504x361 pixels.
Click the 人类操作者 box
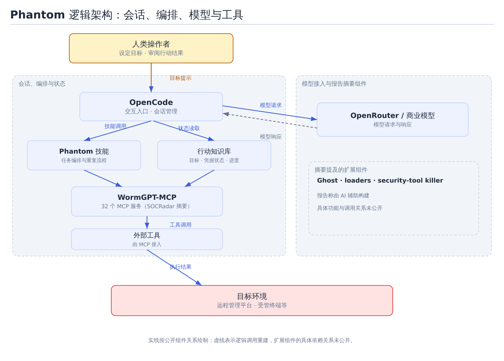151,48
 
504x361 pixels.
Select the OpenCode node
151,107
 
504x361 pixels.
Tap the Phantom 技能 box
84,155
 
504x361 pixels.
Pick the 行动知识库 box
214,155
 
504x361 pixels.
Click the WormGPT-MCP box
147,201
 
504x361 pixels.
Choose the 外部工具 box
147,239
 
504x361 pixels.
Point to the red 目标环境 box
252,301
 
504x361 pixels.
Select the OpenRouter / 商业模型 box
393,120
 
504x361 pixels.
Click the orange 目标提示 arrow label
181,78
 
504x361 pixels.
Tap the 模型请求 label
270,105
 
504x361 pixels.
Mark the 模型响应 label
270,137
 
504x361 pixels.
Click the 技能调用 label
115,126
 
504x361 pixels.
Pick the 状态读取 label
189,128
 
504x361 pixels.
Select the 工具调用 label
181,225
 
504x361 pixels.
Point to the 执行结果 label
181,267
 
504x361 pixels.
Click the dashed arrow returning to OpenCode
270,121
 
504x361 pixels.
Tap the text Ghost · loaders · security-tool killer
380,180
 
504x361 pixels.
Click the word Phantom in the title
37,15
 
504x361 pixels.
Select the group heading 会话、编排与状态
42,84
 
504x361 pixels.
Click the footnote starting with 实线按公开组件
251,340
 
